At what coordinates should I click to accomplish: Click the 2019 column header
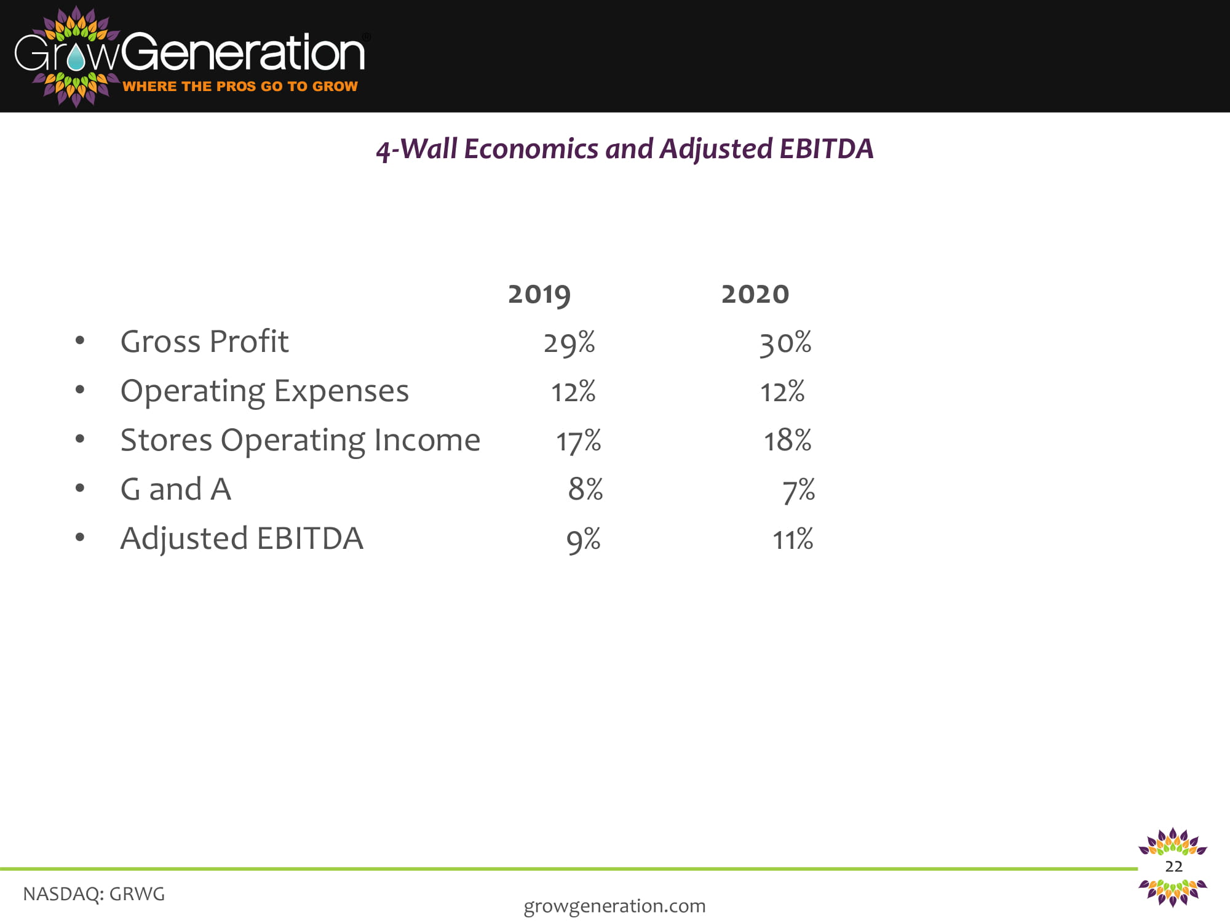(539, 295)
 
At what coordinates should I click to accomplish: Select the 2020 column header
(755, 294)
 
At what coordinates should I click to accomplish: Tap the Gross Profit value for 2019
(569, 343)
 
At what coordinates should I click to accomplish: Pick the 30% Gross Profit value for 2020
(785, 343)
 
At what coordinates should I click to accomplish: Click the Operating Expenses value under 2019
(573, 392)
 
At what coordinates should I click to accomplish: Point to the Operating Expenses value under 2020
(782, 392)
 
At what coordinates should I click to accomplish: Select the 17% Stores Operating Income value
(579, 441)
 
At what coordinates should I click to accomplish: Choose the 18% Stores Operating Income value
(788, 441)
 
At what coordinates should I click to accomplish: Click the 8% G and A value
(585, 490)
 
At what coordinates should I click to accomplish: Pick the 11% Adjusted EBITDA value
(793, 540)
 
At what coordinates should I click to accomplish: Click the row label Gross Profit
(205, 342)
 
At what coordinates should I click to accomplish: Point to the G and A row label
(176, 490)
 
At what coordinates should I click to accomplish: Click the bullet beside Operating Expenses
(80, 390)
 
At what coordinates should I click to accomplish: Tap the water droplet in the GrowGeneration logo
(77, 58)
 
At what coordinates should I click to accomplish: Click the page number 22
(1173, 866)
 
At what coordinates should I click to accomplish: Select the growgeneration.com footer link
(614, 906)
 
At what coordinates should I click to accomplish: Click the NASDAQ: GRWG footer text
(94, 894)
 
